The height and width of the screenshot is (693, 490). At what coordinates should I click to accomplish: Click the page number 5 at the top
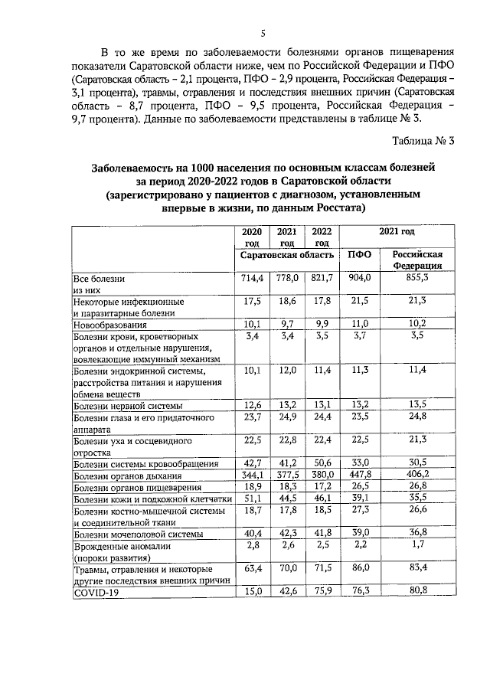[263, 33]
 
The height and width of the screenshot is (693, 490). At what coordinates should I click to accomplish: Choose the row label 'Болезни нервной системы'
[128, 405]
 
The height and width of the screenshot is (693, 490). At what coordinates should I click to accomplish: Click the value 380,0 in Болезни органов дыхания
[322, 475]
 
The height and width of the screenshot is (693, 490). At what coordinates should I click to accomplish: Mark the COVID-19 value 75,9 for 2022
[322, 591]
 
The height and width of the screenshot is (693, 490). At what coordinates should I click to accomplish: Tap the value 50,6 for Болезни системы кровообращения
[322, 463]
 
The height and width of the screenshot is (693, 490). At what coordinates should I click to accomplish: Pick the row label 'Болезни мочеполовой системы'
[138, 534]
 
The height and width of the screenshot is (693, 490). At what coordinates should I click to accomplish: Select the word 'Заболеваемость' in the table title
[136, 167]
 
